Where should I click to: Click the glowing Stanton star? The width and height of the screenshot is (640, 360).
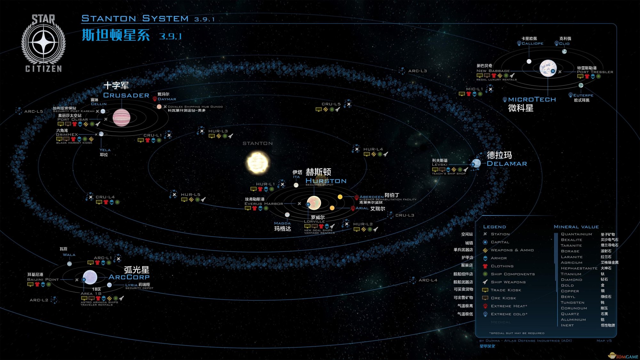click(x=258, y=163)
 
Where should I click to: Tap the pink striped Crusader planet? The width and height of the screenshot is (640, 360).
click(x=122, y=117)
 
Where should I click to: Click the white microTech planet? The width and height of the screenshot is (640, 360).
click(x=548, y=68)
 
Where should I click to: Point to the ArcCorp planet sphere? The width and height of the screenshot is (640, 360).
click(x=90, y=277)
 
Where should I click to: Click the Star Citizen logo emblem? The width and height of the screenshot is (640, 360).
click(x=44, y=43)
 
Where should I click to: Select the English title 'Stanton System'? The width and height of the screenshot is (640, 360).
click(x=135, y=19)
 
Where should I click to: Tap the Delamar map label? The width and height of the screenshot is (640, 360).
click(x=507, y=164)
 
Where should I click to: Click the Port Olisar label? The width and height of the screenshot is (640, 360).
click(x=73, y=119)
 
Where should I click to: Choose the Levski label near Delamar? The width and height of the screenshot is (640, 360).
click(x=440, y=164)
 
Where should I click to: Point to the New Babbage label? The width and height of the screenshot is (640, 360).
click(x=493, y=71)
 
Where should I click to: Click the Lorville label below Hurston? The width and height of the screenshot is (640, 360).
click(x=314, y=221)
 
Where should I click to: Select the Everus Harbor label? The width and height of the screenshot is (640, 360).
click(x=264, y=204)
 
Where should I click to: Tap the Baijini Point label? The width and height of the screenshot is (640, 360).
click(x=43, y=279)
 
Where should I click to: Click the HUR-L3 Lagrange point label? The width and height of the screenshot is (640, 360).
click(x=218, y=131)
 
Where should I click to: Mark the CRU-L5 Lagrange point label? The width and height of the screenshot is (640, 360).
click(x=331, y=104)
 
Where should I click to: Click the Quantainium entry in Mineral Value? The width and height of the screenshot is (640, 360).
click(x=576, y=234)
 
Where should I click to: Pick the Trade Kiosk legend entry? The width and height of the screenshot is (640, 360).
click(x=506, y=290)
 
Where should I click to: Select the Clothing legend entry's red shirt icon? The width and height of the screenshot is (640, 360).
click(x=485, y=266)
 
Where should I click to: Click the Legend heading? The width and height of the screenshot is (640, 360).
click(x=494, y=227)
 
